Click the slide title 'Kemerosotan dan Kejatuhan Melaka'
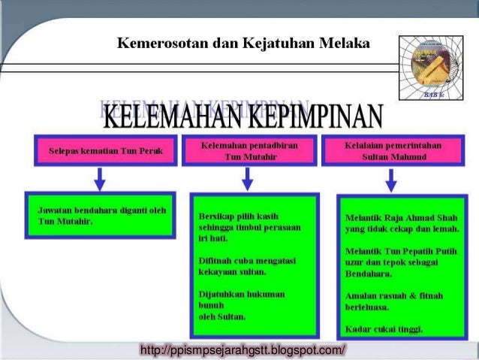pos(243,43)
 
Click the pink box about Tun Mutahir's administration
pos(246,151)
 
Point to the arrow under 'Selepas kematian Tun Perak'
pos(100,179)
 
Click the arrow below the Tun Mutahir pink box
pos(246,179)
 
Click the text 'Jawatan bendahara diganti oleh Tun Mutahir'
pos(101,216)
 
